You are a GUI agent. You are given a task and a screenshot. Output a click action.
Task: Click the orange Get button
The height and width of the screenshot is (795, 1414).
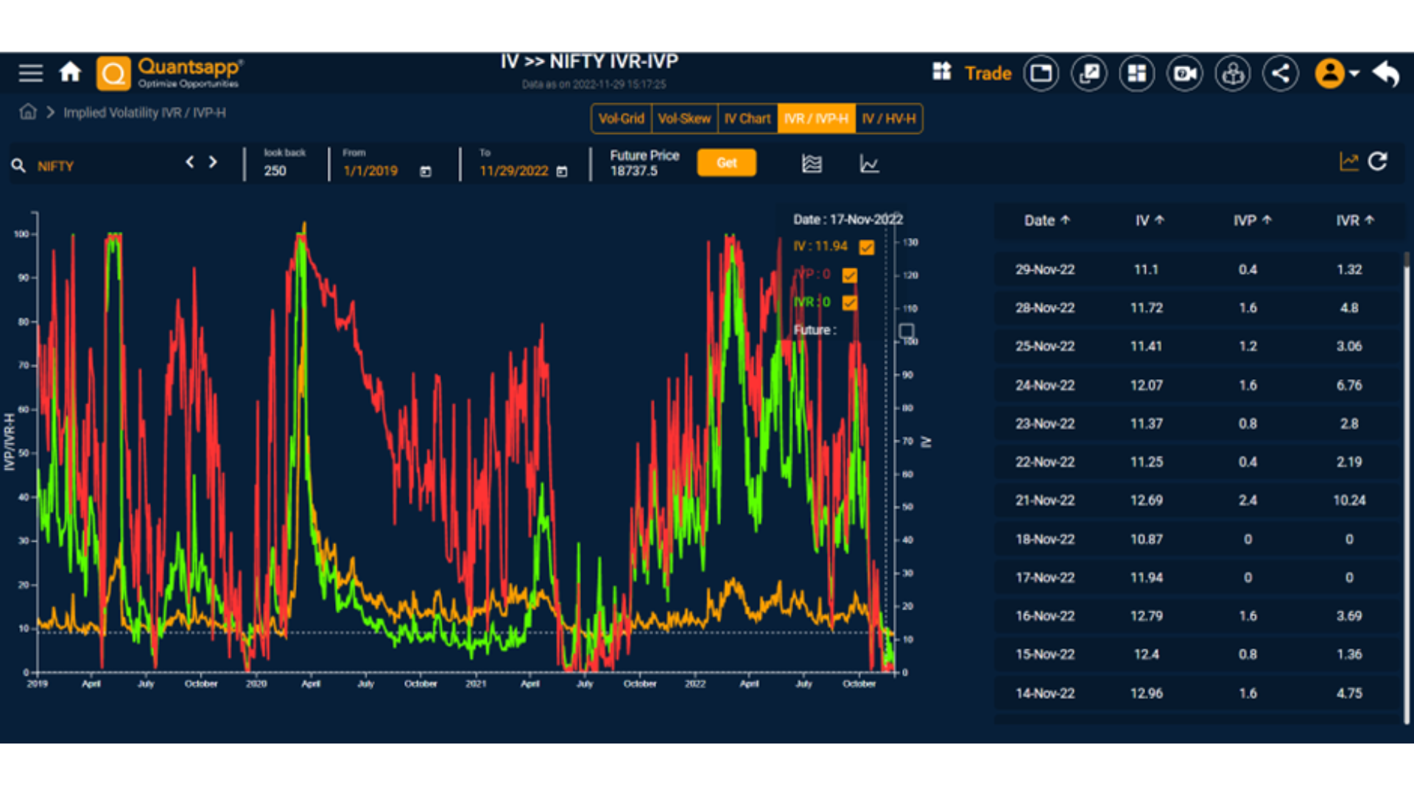[x=726, y=163]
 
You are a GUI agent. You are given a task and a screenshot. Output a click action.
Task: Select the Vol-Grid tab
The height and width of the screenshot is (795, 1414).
[x=621, y=119]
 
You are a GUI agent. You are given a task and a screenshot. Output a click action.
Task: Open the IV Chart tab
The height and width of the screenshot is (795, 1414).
[x=747, y=119]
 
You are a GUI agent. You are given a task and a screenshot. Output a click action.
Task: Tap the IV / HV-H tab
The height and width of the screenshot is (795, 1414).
[x=889, y=119]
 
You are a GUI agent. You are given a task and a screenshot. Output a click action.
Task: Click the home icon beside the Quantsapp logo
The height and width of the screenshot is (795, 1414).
[x=70, y=72]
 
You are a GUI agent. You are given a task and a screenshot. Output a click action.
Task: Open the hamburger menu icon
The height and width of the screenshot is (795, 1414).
[x=31, y=73]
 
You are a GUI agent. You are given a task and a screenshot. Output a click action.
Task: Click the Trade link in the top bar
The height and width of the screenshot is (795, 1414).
[x=988, y=73]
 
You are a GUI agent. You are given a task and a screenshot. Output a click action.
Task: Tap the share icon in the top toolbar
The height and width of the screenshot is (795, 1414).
[x=1281, y=73]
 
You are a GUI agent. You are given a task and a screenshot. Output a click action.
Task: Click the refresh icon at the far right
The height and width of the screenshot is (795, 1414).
[x=1377, y=162]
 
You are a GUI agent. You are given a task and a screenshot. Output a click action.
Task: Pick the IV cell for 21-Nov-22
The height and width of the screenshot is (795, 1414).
[x=1146, y=501]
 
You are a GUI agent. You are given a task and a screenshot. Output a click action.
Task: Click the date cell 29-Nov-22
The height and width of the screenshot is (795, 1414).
[x=1044, y=269]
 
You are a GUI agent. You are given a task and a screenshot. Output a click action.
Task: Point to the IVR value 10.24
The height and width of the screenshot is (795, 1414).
[x=1348, y=501]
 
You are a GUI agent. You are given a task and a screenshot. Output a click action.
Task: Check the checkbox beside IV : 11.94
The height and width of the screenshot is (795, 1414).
[x=867, y=247]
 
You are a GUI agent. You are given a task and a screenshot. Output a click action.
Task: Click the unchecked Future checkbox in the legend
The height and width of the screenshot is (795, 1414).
[x=907, y=331]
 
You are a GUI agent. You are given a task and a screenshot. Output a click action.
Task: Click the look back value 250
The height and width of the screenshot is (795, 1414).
[x=275, y=171]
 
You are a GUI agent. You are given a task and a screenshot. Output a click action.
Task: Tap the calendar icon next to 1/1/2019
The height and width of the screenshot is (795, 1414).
[x=426, y=172]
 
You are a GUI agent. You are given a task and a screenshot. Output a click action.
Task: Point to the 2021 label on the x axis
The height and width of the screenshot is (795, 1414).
[x=476, y=684]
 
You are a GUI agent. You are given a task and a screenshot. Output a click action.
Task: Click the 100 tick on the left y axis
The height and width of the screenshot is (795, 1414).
[x=21, y=234]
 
